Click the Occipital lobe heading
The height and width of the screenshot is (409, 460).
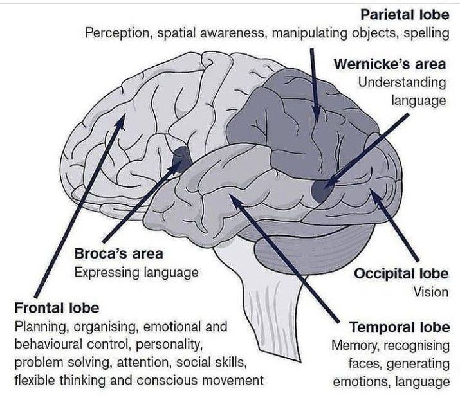402,273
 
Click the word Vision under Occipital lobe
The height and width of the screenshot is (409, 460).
431,291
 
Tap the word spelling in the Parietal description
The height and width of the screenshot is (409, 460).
427,32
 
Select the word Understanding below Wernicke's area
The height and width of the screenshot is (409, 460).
402,82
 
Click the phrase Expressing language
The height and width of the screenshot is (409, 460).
136,272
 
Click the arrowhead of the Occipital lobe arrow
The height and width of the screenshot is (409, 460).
373,192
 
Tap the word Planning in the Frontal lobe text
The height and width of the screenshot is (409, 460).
37,326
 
